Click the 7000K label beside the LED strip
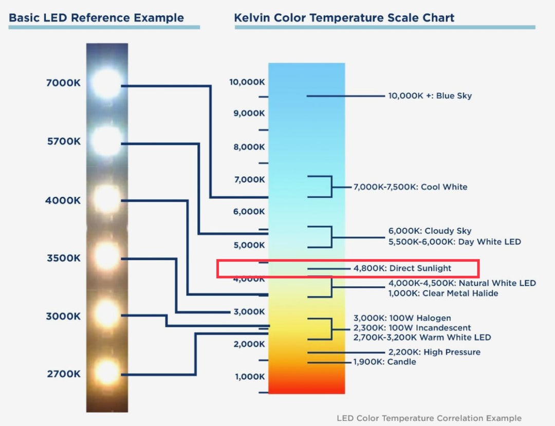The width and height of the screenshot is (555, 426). [63, 83]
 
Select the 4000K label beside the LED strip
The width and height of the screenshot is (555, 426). [63, 200]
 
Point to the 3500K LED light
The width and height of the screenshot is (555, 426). [107, 255]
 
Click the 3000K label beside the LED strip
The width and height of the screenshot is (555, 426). [63, 316]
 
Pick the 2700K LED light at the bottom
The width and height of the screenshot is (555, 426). [107, 372]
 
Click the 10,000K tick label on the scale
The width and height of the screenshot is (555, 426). [247, 82]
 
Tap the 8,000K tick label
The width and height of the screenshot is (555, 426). [249, 147]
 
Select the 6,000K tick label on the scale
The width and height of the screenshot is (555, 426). [249, 212]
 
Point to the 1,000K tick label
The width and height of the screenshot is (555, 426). [250, 377]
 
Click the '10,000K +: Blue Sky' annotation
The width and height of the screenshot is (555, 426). [430, 96]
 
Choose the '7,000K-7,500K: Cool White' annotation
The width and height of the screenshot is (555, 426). [410, 187]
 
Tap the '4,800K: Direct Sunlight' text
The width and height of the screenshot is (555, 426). [402, 268]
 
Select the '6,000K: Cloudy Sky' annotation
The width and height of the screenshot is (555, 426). [430, 231]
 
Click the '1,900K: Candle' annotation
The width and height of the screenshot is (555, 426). [384, 362]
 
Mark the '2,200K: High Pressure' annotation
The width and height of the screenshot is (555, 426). [434, 352]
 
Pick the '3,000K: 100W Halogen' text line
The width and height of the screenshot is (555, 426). [402, 318]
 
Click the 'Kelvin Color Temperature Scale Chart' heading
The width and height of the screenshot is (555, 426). [344, 18]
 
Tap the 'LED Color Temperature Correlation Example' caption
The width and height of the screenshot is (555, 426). [429, 418]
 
